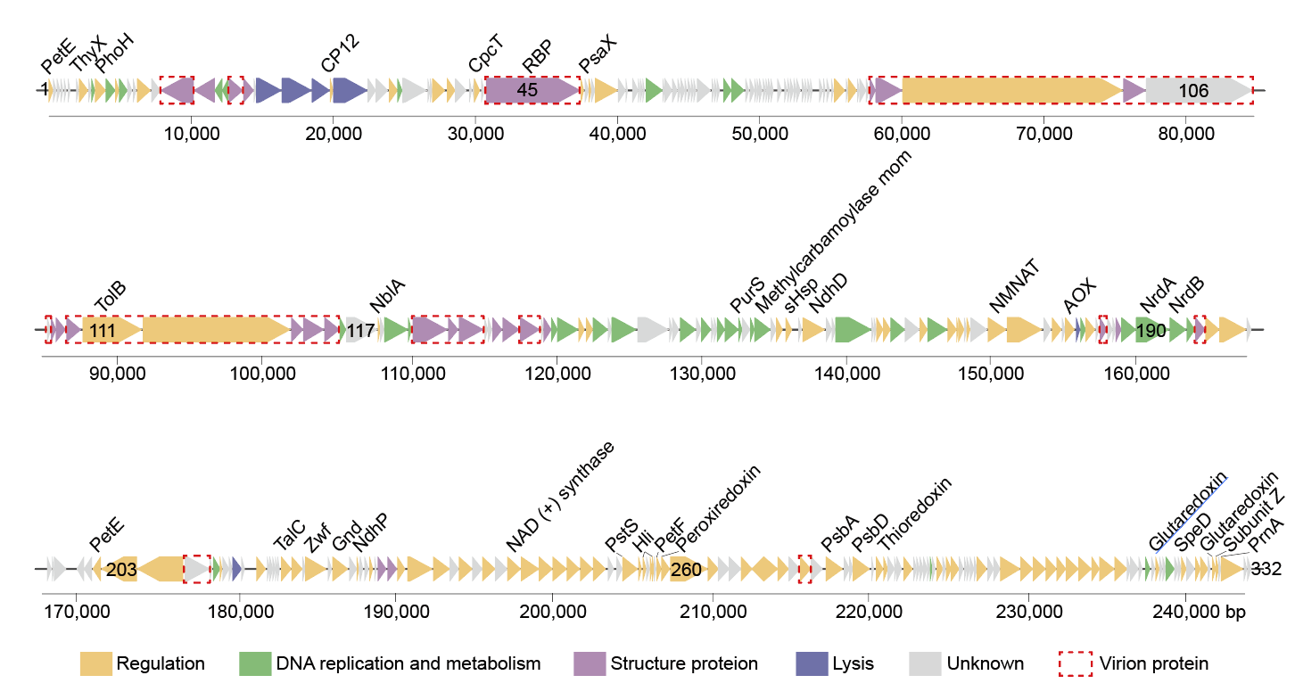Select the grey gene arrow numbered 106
pyautogui.click(x=1195, y=90)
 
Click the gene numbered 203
pyautogui.click(x=120, y=569)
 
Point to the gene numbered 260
pyautogui.click(x=687, y=569)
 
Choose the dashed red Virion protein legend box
pyautogui.click(x=1075, y=663)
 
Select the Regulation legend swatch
pyautogui.click(x=96, y=663)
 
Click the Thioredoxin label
pyautogui.click(x=914, y=514)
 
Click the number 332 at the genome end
pyautogui.click(x=1266, y=569)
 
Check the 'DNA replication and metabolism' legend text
pyautogui.click(x=408, y=663)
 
